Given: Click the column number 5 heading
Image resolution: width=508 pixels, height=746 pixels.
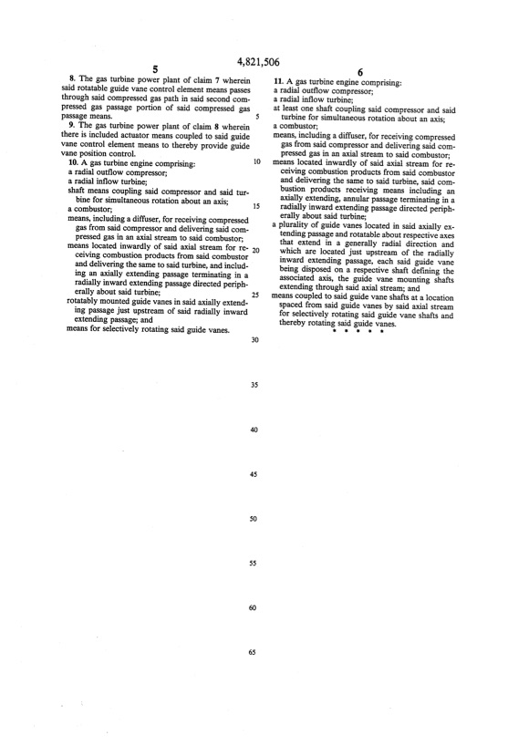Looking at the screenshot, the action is click(156, 69).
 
